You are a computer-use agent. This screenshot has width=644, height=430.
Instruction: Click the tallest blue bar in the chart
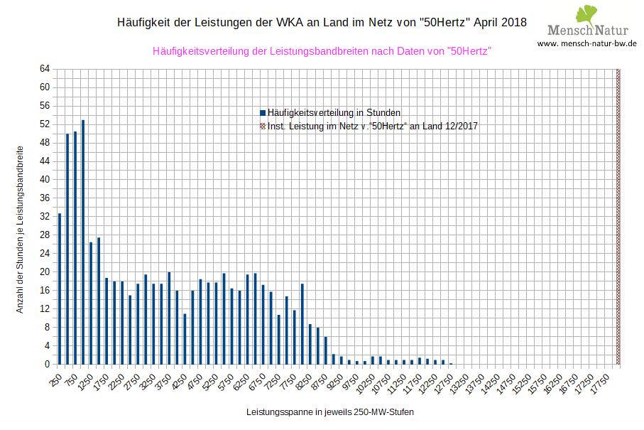pos(83,242)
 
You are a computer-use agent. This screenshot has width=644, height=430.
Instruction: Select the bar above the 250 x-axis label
pos(60,289)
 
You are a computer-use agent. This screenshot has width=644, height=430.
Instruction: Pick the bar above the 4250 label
pos(185,338)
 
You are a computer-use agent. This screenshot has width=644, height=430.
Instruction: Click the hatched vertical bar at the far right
pos(618,216)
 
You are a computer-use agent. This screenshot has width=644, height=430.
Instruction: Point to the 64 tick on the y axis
pos(45,69)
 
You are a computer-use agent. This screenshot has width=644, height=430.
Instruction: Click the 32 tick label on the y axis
pos(45,217)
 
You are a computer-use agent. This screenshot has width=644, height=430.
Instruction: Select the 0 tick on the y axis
pos(47,364)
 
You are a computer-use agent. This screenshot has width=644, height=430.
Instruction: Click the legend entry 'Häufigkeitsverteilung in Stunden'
pos(334,112)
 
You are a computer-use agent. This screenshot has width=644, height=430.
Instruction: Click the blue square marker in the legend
pos(263,112)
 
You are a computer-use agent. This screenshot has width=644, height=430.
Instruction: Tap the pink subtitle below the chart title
pos(322,51)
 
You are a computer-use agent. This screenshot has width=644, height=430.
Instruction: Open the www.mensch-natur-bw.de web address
pos(586,43)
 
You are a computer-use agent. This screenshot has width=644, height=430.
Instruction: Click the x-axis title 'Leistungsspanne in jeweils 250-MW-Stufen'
pos(329,412)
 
